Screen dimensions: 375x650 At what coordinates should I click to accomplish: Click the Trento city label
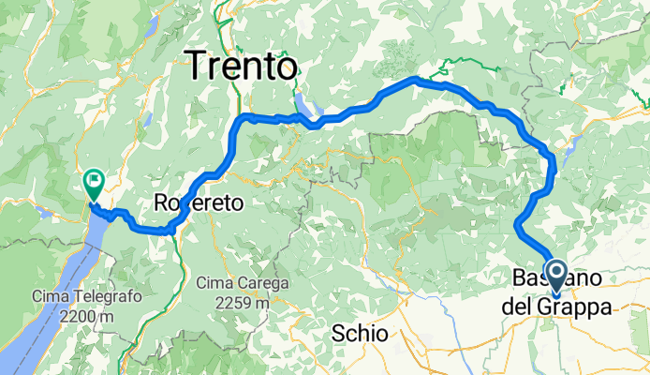(x=243, y=66)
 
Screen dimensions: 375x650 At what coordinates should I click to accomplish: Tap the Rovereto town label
(x=199, y=202)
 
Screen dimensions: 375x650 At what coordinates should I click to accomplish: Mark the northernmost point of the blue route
(x=415, y=80)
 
